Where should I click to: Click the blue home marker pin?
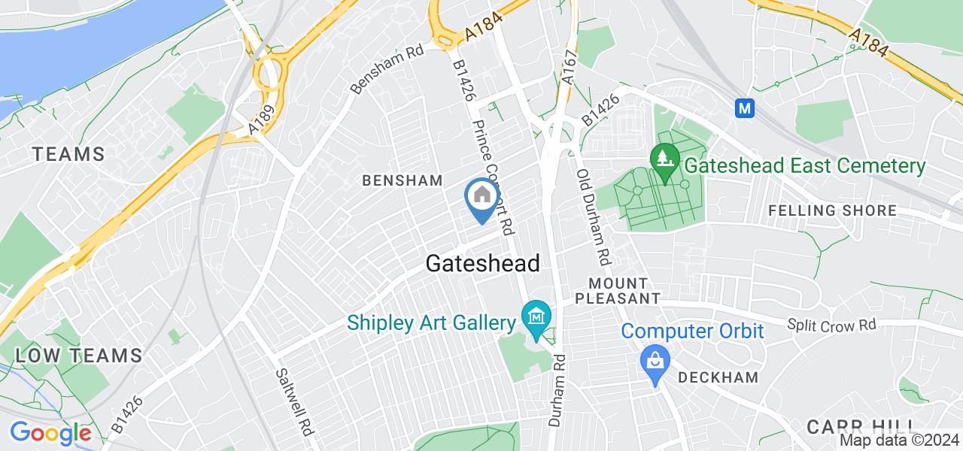(x=481, y=198)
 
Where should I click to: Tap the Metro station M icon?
(x=746, y=108)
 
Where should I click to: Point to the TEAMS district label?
(x=68, y=154)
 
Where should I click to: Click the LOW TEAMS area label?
(x=77, y=356)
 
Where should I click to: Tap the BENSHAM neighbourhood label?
(x=402, y=180)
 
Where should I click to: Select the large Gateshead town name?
(x=482, y=264)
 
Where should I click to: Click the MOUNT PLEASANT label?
(x=618, y=291)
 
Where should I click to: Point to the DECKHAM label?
(x=718, y=377)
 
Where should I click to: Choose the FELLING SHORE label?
(x=833, y=210)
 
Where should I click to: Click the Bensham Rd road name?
(x=387, y=68)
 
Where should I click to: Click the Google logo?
(x=50, y=434)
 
